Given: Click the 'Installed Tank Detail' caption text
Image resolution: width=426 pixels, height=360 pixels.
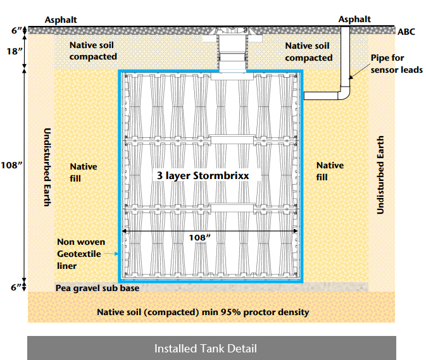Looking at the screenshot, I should [206, 349].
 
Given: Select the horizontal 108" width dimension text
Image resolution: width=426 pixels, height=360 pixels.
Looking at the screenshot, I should [200, 238].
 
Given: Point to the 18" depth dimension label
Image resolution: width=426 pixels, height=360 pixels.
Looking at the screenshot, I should [13, 51].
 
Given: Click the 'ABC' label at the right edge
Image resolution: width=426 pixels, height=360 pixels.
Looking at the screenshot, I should [406, 32].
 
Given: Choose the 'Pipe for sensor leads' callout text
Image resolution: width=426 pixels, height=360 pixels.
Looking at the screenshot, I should [396, 63].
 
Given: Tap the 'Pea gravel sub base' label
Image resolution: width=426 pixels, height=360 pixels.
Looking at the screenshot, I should [97, 288].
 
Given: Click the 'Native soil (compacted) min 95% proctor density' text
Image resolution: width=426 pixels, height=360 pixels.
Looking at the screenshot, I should [203, 312].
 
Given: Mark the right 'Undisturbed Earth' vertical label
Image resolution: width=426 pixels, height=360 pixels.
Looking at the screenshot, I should [380, 175].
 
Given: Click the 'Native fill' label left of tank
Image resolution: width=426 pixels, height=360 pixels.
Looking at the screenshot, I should [84, 172].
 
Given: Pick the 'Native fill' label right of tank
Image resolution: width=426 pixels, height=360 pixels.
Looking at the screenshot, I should [330, 171].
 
